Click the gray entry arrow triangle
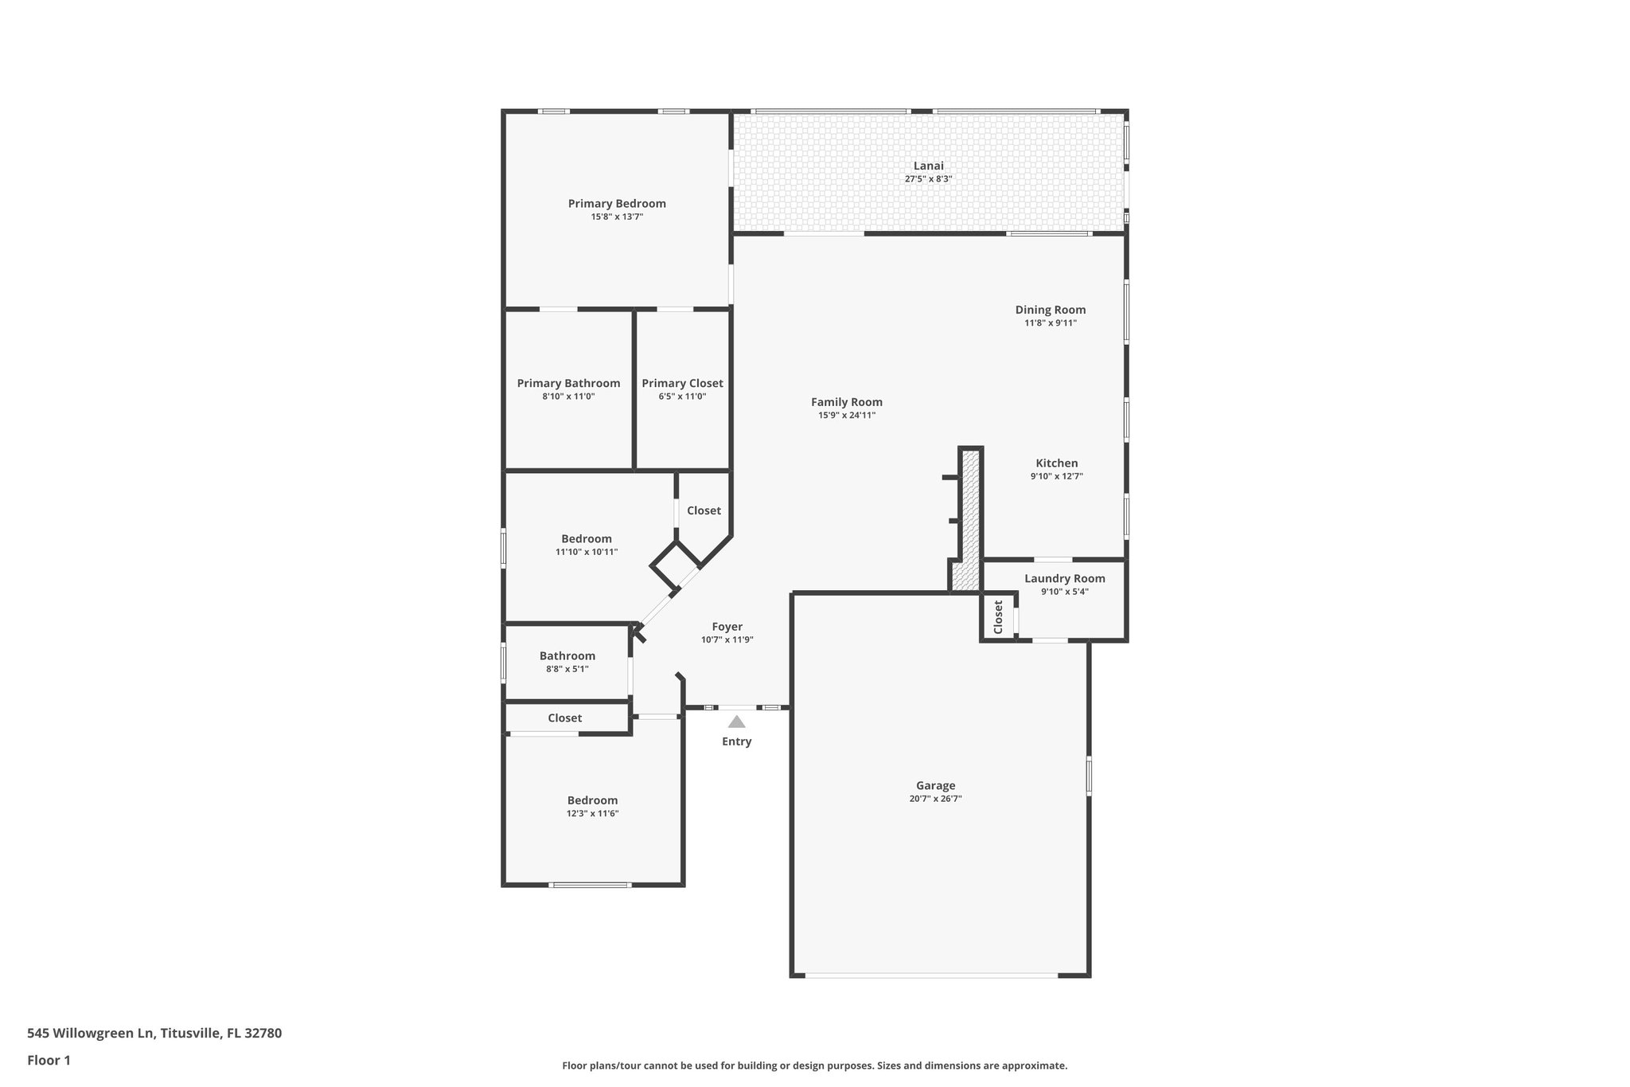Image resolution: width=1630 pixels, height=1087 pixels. coord(736,721)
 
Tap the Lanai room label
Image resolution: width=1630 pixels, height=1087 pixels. coord(928,166)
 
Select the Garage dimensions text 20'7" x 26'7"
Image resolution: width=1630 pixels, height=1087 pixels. coord(935,799)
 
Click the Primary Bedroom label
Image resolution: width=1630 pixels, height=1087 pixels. coord(617,203)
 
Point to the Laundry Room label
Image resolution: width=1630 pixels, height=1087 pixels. coord(1064,578)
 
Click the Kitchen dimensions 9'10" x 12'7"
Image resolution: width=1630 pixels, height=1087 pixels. coord(1056,476)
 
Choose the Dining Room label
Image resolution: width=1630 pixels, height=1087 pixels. coord(1050,310)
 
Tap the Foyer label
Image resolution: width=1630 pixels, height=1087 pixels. coord(727,627)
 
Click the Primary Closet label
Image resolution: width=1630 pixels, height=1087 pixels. coord(682,383)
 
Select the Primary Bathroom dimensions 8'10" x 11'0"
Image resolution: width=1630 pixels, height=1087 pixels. coord(568,396)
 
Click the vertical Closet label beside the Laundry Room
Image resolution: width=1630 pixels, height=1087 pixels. coord(998,616)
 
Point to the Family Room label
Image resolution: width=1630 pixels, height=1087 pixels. coord(846,402)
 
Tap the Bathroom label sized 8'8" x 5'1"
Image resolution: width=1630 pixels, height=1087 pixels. coord(567,655)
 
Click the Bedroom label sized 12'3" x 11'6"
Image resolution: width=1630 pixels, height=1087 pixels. coord(592,800)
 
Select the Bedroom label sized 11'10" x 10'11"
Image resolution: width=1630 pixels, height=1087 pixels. coord(586,538)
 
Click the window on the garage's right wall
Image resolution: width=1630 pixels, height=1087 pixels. coord(1089,775)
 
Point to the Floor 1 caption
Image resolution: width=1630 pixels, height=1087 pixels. coord(49,1060)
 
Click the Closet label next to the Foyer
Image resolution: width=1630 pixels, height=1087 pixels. coord(704,510)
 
